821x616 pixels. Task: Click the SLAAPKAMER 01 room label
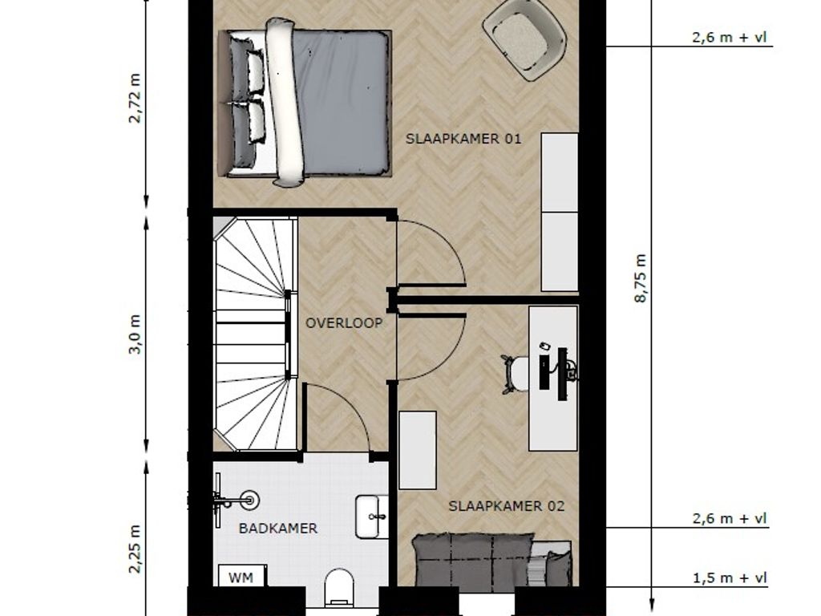pos(463,139)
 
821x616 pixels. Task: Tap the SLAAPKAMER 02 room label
pos(507,506)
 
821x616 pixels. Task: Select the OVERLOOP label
pos(344,323)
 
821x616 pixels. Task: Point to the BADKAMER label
pos(278,528)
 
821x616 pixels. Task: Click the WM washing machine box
pos(242,576)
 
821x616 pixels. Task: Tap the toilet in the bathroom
pos(339,586)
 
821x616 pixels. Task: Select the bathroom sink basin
pos(372,517)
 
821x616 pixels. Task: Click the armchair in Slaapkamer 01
pos(524,38)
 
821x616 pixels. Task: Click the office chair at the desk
pos(515,374)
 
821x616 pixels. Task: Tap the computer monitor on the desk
pos(563,374)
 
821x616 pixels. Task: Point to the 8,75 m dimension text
pos(640,278)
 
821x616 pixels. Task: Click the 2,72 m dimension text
pos(135,98)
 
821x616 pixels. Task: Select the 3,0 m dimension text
pos(135,334)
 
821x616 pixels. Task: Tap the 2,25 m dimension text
pos(135,549)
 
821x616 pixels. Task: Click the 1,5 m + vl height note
pos(730,577)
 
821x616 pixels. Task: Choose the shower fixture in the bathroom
pos(236,500)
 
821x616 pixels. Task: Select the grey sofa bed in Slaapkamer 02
pos(492,559)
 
